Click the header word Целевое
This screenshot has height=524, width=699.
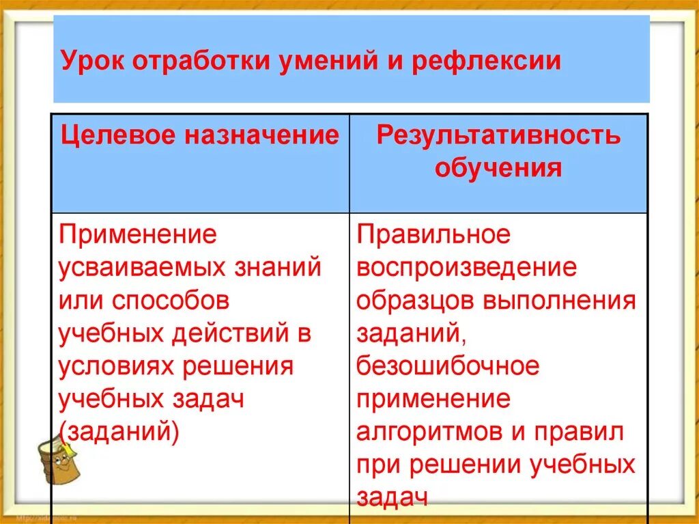[x=117, y=135]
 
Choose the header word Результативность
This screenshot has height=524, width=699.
[x=498, y=135]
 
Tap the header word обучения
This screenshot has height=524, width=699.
[x=498, y=167]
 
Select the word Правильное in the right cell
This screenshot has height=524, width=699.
[x=433, y=234]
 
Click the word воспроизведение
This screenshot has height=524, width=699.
[x=466, y=267]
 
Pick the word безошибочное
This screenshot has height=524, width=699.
[x=448, y=366]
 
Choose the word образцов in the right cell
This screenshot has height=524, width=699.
[x=414, y=300]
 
